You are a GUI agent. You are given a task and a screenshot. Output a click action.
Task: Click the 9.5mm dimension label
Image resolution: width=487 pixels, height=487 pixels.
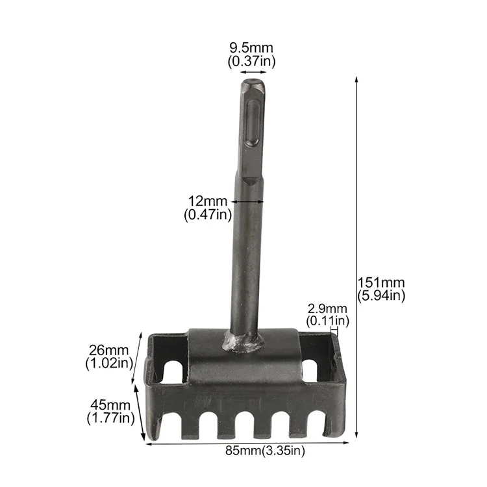(x=251, y=48)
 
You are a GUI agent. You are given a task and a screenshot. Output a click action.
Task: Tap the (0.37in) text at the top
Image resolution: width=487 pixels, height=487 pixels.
(x=251, y=61)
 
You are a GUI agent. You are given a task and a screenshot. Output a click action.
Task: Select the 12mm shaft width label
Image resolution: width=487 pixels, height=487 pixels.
(x=208, y=201)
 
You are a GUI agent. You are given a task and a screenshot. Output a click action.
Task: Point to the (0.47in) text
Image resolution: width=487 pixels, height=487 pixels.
(x=208, y=215)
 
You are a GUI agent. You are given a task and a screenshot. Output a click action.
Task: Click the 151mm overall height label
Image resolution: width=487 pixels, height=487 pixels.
(x=381, y=282)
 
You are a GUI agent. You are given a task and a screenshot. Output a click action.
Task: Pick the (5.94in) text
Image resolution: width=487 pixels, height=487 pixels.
(x=381, y=295)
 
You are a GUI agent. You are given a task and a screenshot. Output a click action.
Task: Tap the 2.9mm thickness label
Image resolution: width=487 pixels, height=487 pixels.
(x=327, y=308)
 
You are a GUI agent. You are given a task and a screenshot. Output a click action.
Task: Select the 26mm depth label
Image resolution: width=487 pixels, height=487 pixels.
(x=108, y=350)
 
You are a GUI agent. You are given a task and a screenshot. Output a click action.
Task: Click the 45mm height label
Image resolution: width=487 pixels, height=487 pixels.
(x=110, y=405)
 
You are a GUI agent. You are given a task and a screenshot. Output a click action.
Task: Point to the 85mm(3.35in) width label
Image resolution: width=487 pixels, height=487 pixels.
(x=265, y=451)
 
